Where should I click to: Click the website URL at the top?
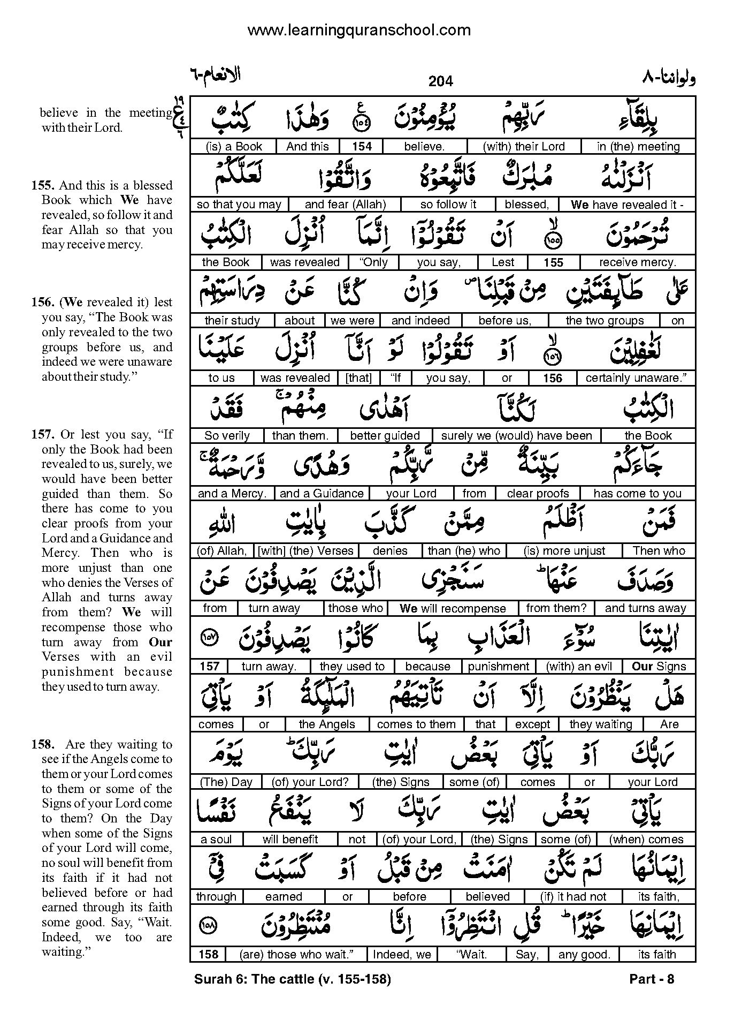[359, 31]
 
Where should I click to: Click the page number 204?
[440, 81]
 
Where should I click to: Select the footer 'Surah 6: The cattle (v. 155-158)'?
[293, 979]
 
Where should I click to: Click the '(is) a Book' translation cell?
[233, 147]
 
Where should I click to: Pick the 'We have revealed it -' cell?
[626, 205]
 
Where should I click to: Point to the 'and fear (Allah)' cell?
[345, 205]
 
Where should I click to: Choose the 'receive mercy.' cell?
[637, 262]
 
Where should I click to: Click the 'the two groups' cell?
[605, 320]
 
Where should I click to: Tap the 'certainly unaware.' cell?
[636, 378]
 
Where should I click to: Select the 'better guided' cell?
[385, 436]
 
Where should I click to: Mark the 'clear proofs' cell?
[538, 494]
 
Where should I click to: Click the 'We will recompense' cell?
[452, 608]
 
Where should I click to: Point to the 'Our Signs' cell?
[659, 667]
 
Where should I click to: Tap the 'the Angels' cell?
[326, 724]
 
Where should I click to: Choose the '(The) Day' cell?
[226, 782]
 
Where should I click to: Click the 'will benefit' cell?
[290, 839]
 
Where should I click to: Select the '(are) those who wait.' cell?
[296, 954]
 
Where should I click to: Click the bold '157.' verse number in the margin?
[44, 434]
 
